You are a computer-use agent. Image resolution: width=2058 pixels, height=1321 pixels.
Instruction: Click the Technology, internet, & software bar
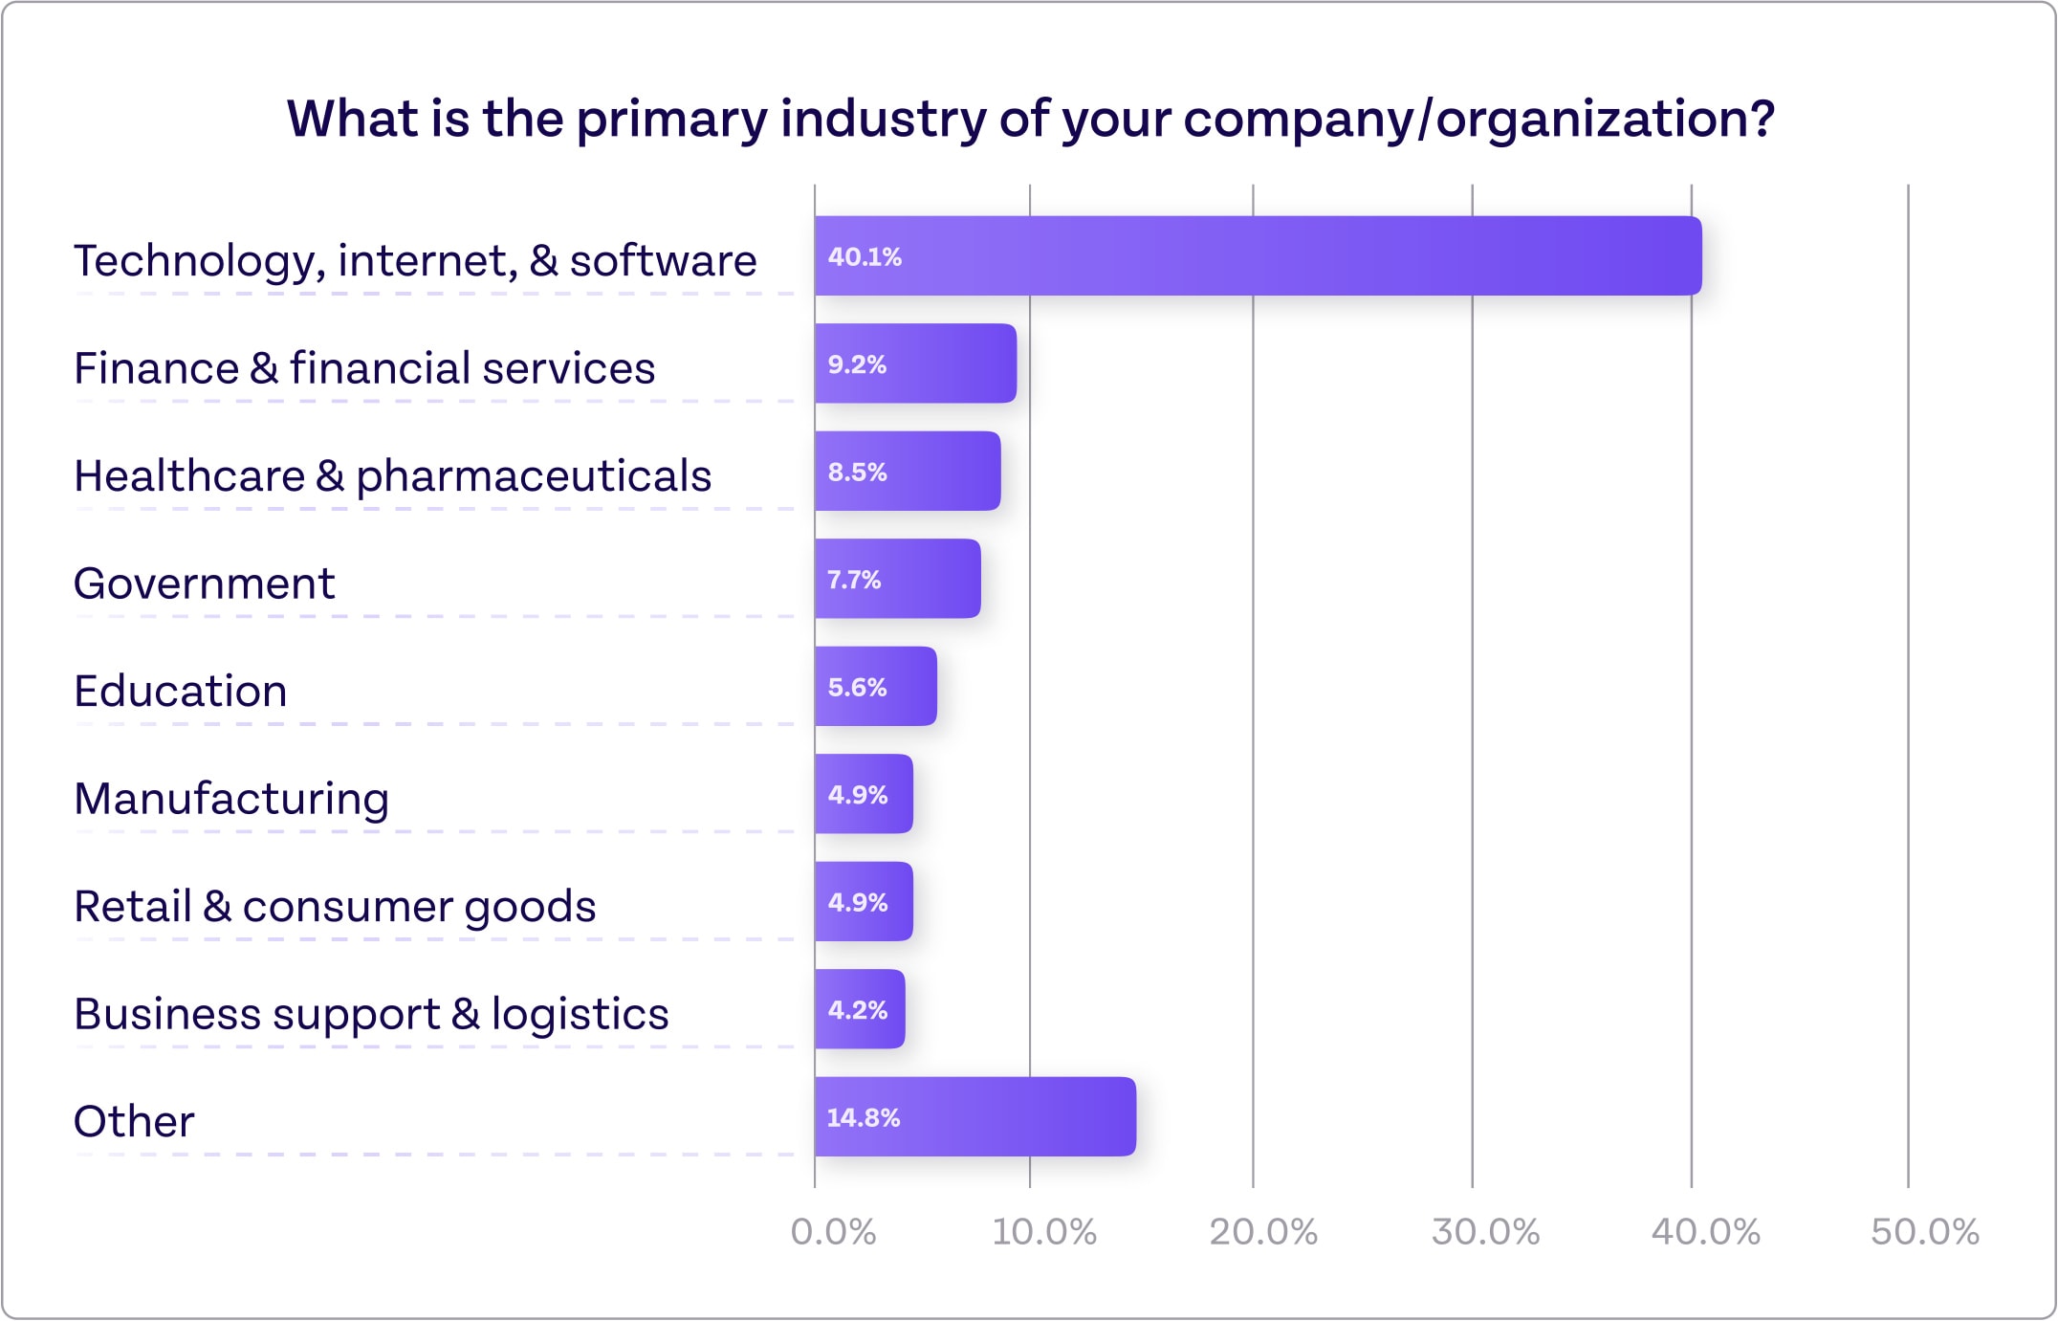[x=1258, y=255]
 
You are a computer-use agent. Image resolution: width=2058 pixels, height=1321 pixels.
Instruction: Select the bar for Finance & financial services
[x=915, y=363]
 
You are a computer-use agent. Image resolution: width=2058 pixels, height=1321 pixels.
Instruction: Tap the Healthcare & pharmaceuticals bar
[x=908, y=471]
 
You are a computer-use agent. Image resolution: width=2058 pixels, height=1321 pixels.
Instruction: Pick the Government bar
[x=897, y=579]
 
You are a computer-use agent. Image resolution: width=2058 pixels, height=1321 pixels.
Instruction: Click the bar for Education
[x=875, y=686]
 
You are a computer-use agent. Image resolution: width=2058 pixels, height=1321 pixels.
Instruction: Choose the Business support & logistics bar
[x=860, y=1009]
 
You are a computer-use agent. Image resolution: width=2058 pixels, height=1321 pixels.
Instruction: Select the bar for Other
[x=975, y=1116]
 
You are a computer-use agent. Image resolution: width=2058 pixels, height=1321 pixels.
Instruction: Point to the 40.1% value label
[x=865, y=256]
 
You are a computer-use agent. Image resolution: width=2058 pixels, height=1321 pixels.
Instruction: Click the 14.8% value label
[x=863, y=1117]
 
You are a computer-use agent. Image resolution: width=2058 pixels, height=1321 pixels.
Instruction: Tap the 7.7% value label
[x=853, y=580]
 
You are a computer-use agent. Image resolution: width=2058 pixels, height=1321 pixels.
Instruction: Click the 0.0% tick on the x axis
[x=833, y=1232]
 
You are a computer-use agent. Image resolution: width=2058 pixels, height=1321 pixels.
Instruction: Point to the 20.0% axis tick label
[x=1263, y=1232]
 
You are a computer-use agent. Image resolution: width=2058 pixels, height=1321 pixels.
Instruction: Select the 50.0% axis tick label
[x=1924, y=1232]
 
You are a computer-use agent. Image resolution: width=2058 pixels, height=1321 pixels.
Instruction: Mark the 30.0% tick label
[x=1485, y=1232]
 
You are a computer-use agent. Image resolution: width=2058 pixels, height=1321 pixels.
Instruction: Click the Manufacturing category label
[x=231, y=799]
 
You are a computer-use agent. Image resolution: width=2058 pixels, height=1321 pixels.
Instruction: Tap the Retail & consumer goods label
[x=335, y=906]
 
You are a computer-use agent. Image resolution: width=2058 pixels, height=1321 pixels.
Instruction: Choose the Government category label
[x=205, y=583]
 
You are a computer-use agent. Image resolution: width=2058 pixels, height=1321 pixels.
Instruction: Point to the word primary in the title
[x=670, y=120]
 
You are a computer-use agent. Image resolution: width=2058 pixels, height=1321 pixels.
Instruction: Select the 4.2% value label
[x=857, y=1010]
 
